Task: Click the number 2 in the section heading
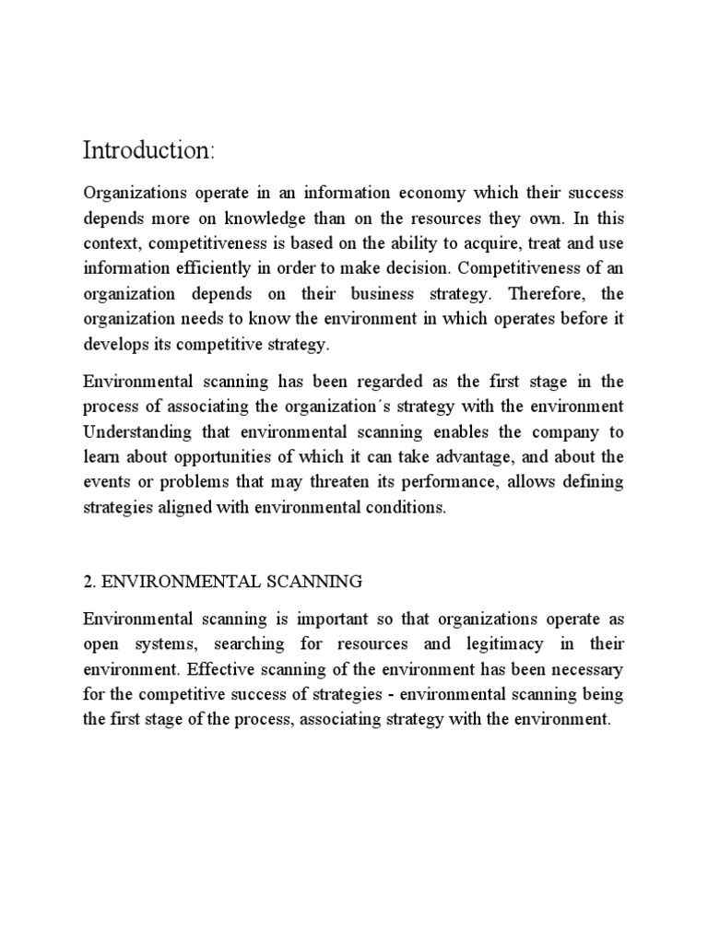(x=88, y=582)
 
